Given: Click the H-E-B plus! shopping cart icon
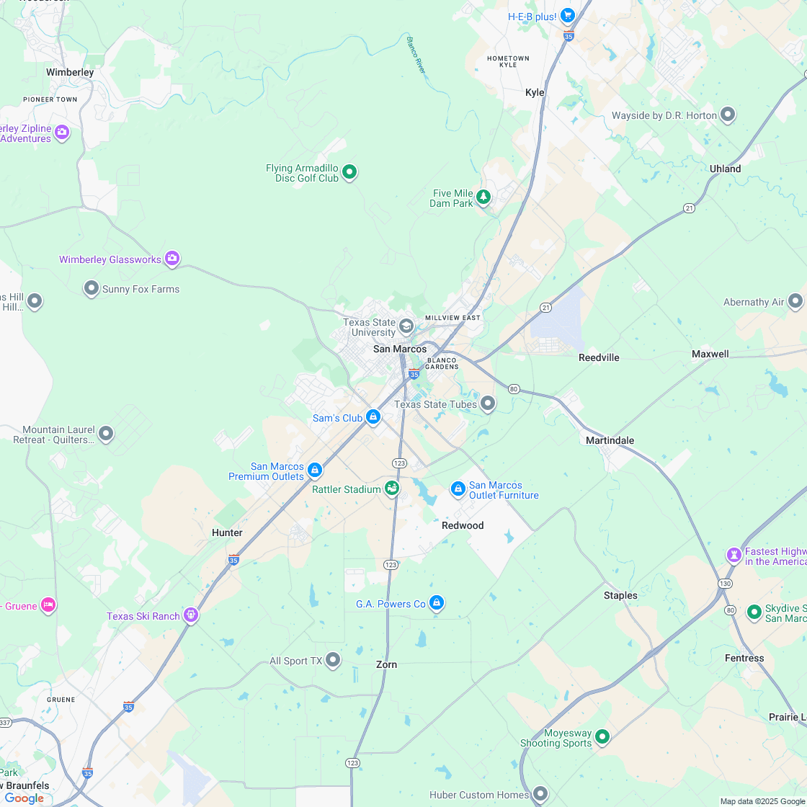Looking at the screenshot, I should [567, 15].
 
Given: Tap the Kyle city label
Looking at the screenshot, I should [535, 92].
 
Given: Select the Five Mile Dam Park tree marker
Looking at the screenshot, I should [483, 196].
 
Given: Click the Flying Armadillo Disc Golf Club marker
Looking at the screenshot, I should [349, 171].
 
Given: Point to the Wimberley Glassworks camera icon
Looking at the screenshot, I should [171, 258].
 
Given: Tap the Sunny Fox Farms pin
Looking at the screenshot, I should [92, 288].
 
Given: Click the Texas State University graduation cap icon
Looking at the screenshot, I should [406, 326].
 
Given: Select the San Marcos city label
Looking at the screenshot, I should [400, 349].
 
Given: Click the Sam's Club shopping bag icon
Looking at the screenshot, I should [373, 416].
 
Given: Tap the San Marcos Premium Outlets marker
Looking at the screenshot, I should [314, 470].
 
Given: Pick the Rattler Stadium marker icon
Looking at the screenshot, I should [391, 489].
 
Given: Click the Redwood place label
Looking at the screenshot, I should [463, 525].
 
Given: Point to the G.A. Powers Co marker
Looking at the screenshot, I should [436, 602].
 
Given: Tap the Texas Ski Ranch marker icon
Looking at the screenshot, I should [190, 615].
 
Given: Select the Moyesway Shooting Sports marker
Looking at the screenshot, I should [602, 736].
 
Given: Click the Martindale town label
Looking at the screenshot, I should [610, 440].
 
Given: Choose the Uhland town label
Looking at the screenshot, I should [725, 169].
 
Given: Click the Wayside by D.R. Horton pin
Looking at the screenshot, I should [728, 115].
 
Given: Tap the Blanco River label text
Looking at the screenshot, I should [417, 55].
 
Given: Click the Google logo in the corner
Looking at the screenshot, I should [24, 798].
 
